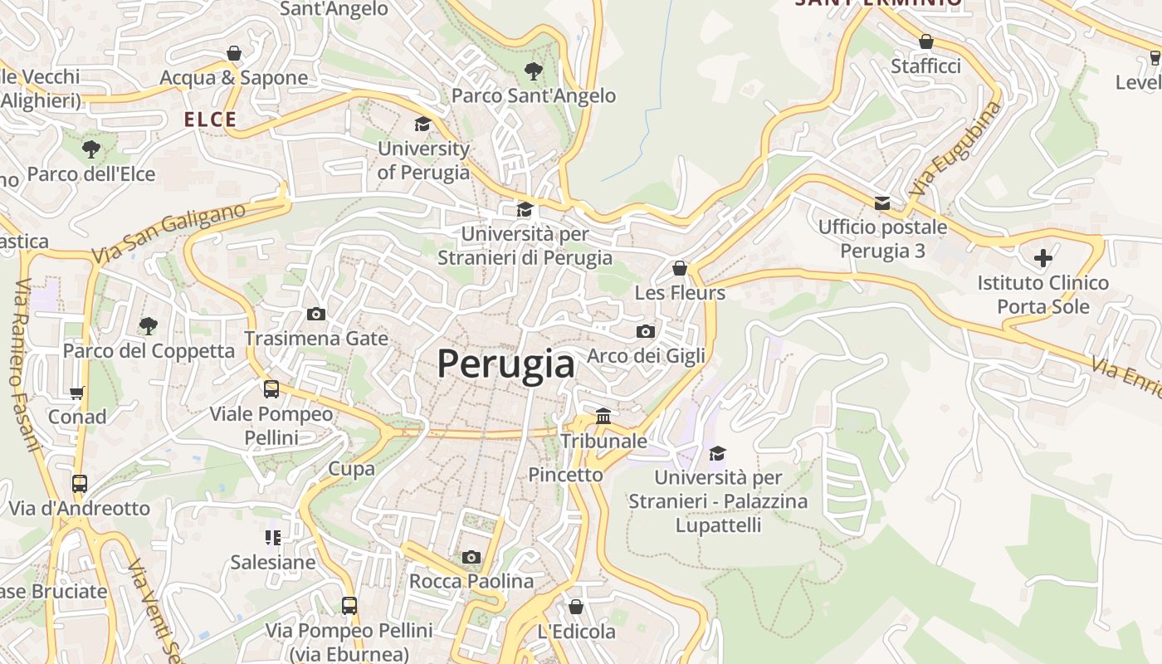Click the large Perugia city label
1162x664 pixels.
click(505, 364)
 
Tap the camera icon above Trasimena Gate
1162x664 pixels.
click(316, 314)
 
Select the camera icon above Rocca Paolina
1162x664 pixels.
click(471, 557)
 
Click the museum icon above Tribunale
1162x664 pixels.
click(603, 416)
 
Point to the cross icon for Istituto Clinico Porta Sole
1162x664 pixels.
click(1042, 257)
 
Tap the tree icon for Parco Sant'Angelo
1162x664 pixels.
click(534, 71)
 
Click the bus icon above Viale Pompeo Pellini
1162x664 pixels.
click(271, 388)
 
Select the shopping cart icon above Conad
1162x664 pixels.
click(77, 393)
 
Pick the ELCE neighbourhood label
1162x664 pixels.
click(210, 120)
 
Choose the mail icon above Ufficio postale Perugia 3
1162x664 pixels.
click(881, 203)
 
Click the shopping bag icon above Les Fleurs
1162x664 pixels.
click(680, 268)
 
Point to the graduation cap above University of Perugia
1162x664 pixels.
click(423, 124)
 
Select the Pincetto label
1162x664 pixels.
click(565, 475)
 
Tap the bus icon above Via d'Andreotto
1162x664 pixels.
click(80, 483)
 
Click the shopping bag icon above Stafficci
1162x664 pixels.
click(926, 41)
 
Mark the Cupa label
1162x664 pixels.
click(351, 469)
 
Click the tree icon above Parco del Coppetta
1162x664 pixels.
click(149, 325)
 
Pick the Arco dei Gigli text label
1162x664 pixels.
click(646, 356)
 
